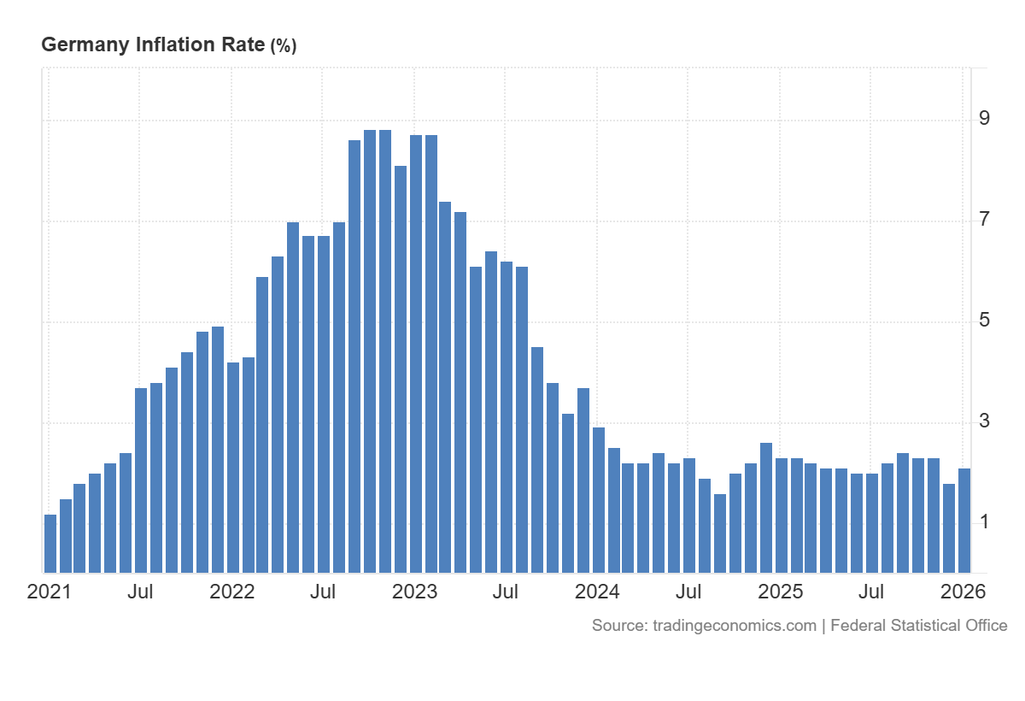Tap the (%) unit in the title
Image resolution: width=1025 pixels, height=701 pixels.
283,46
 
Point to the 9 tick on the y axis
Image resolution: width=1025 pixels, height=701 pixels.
985,118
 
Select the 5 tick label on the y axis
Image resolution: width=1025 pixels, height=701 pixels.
985,321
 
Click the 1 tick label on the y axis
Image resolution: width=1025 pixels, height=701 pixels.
985,521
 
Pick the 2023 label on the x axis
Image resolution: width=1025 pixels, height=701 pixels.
414,592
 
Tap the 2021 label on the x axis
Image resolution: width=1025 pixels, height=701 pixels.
50,592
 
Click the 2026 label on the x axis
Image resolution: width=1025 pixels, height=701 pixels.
963,592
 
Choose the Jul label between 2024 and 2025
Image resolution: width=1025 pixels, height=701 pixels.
688,592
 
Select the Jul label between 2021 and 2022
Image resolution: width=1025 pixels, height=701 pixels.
140,592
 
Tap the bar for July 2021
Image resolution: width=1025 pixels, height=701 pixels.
141,480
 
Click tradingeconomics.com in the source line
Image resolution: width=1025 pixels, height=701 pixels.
735,626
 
